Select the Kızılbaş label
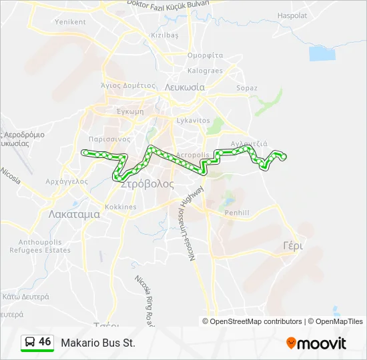165,35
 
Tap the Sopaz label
247,87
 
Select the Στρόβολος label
147,185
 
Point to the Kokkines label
120,207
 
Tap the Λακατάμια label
74,215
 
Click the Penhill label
237,213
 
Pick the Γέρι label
292,245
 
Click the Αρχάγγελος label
67,181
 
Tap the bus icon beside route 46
30,343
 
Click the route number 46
45,342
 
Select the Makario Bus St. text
98,343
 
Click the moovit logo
316,343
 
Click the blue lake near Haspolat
322,53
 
